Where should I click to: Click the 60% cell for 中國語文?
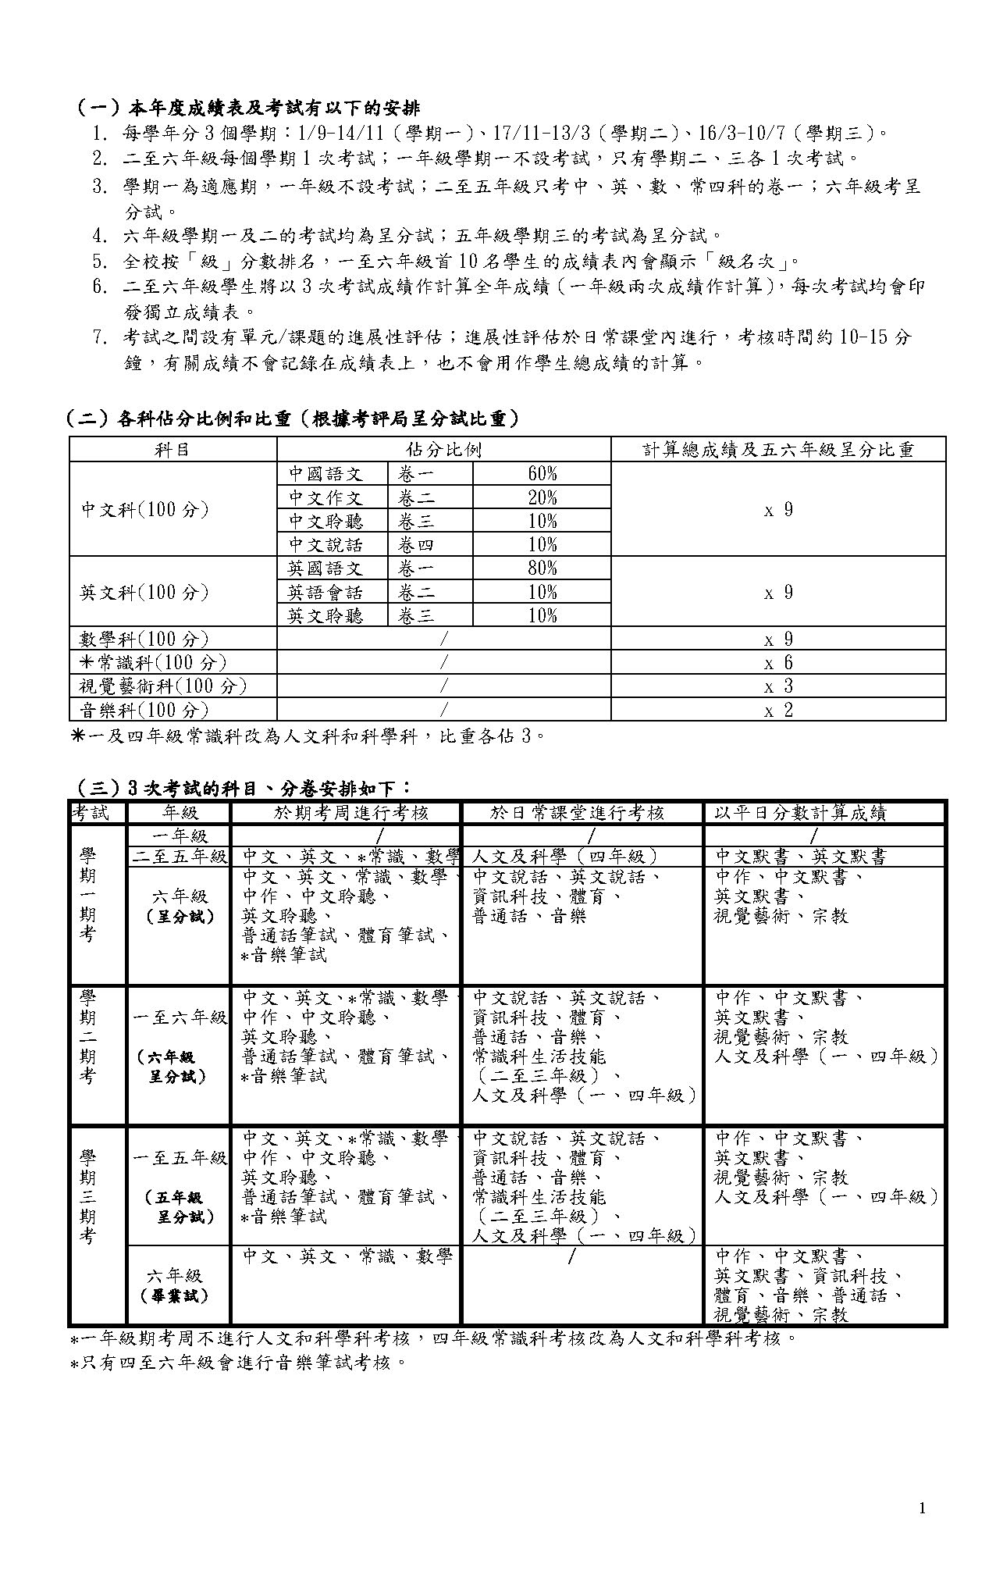tap(542, 474)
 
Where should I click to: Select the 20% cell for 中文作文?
tap(542, 497)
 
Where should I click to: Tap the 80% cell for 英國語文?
tap(542, 568)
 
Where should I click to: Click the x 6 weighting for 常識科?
tap(777, 663)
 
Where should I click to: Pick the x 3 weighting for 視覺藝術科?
tap(777, 686)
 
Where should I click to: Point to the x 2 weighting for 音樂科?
tap(777, 710)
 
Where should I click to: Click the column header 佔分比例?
tap(443, 450)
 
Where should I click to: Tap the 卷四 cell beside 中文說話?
tap(417, 544)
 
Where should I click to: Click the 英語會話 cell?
tap(325, 592)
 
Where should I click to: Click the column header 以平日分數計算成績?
tap(800, 813)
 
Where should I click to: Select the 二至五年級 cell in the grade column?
tap(180, 857)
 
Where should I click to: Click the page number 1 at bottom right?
tap(923, 1508)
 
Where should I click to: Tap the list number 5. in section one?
tap(99, 262)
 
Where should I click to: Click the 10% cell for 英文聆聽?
tap(542, 615)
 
